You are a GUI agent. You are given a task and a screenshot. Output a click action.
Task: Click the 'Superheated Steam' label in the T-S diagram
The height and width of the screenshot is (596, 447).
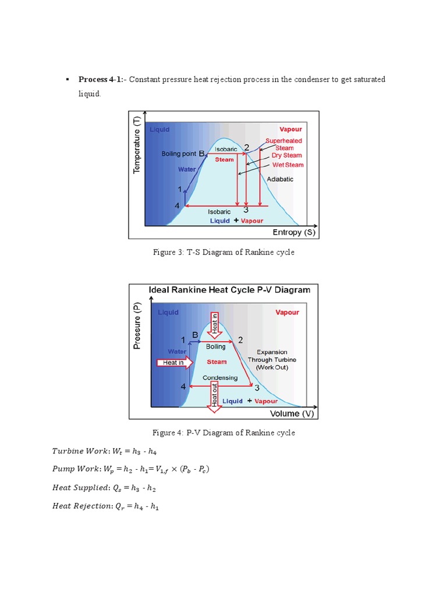(x=284, y=144)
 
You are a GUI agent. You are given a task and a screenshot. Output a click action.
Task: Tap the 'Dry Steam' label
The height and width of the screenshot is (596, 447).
(x=288, y=155)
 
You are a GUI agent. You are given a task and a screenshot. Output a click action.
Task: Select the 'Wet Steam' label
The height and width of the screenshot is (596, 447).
(x=288, y=165)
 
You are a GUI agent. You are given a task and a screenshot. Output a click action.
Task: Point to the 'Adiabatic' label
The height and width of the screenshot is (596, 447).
(x=280, y=179)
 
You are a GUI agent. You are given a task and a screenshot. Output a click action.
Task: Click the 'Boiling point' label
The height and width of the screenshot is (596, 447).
(x=179, y=154)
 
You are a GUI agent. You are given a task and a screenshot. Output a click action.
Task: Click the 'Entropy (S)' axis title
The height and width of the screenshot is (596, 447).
(x=295, y=232)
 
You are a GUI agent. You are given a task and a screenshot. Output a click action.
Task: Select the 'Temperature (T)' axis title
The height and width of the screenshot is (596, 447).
(x=137, y=144)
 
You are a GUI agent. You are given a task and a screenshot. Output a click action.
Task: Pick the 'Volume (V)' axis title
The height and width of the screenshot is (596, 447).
(x=292, y=414)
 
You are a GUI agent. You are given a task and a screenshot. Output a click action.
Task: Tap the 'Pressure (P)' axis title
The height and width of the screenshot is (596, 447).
(x=137, y=326)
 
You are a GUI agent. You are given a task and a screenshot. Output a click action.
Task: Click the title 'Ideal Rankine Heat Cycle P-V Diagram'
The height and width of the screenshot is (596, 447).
(x=229, y=289)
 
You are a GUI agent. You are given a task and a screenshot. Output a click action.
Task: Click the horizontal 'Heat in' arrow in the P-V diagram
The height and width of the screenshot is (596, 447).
(x=174, y=362)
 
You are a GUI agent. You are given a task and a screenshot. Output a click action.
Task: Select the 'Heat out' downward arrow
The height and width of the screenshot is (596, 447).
(x=215, y=396)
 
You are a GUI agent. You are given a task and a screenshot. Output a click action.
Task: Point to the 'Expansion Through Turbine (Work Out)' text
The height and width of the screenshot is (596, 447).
(x=268, y=360)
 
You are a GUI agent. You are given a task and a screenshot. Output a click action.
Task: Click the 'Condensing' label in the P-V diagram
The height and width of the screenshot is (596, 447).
(x=220, y=378)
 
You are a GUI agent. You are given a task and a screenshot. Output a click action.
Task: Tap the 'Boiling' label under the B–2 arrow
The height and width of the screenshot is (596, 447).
(x=216, y=347)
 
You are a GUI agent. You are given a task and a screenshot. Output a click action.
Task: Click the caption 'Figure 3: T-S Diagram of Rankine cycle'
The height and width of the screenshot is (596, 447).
(x=223, y=252)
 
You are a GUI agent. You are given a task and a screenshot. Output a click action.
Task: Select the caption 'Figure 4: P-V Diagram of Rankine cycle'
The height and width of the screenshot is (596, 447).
(x=223, y=432)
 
